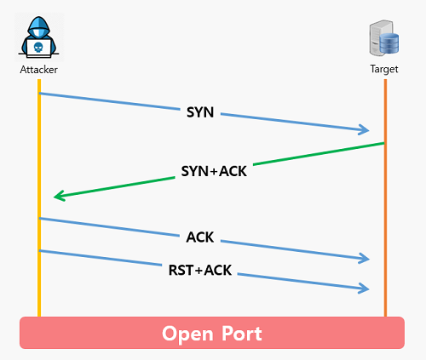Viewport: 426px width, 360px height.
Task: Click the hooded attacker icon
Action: [x=38, y=37]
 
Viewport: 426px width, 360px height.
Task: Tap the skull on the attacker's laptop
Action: [x=38, y=48]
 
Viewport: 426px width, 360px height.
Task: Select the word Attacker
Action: [x=38, y=70]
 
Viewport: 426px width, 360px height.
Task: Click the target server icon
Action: [x=384, y=37]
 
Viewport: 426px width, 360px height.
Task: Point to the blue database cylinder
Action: [x=389, y=43]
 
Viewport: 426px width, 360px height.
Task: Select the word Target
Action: [x=384, y=69]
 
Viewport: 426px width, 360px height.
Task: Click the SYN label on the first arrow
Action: [x=200, y=112]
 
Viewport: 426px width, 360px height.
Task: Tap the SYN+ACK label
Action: [x=214, y=171]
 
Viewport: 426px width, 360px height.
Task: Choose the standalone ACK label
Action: [x=200, y=237]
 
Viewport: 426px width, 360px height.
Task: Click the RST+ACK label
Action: [x=200, y=270]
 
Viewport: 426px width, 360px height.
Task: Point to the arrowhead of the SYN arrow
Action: [x=365, y=129]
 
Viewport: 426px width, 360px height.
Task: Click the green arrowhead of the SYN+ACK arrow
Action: [x=59, y=196]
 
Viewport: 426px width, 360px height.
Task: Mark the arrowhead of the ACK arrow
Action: [x=365, y=258]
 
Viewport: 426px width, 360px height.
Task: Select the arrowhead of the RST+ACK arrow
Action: [x=365, y=289]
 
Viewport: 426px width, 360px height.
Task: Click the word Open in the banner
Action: [x=187, y=334]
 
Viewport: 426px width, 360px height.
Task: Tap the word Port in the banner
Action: [x=242, y=334]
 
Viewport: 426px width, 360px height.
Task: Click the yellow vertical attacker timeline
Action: [x=39, y=198]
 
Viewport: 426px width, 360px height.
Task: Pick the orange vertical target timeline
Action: [x=385, y=198]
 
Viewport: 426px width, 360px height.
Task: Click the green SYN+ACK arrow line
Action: [x=219, y=169]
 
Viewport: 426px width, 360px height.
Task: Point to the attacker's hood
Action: [x=38, y=27]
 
